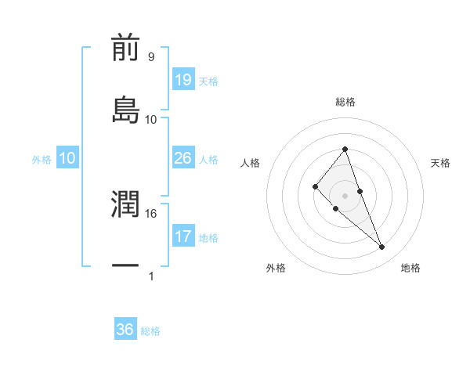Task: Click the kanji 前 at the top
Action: point(125,48)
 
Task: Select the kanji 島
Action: point(125,109)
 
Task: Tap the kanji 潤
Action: point(125,204)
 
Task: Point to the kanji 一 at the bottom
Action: point(125,266)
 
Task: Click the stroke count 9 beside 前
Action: point(151,57)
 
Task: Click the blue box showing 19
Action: point(183,80)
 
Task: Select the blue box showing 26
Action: point(183,158)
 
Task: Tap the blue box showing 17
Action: point(183,236)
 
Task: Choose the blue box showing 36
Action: point(125,330)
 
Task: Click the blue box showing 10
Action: point(67,158)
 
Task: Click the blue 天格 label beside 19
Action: point(208,81)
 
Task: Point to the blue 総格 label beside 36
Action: point(150,331)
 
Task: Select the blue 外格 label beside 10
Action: point(42,160)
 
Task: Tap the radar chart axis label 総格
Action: point(345,102)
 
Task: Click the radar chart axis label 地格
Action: point(410,268)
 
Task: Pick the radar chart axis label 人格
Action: point(251,163)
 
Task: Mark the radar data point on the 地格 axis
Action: point(382,247)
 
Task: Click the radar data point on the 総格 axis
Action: point(345,149)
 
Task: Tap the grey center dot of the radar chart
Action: point(345,195)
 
